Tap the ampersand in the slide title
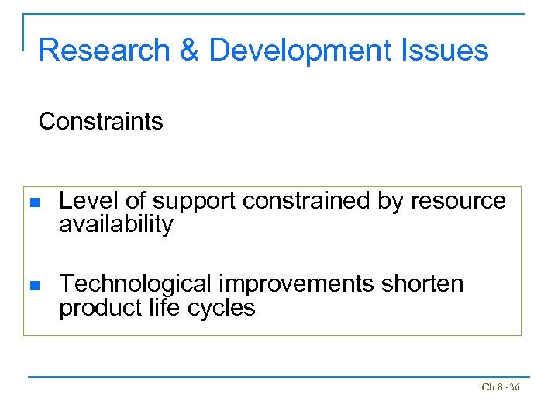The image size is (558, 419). point(189,50)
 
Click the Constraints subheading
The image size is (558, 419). point(101,121)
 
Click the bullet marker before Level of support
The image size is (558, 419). point(33,203)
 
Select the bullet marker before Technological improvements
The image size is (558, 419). point(33,286)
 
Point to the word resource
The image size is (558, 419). point(458,202)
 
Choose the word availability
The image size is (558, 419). point(116,225)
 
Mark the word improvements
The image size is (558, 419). point(298,285)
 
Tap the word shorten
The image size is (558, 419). point(422,284)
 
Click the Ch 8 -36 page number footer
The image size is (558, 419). point(500,386)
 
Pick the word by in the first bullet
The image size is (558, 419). point(391,202)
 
